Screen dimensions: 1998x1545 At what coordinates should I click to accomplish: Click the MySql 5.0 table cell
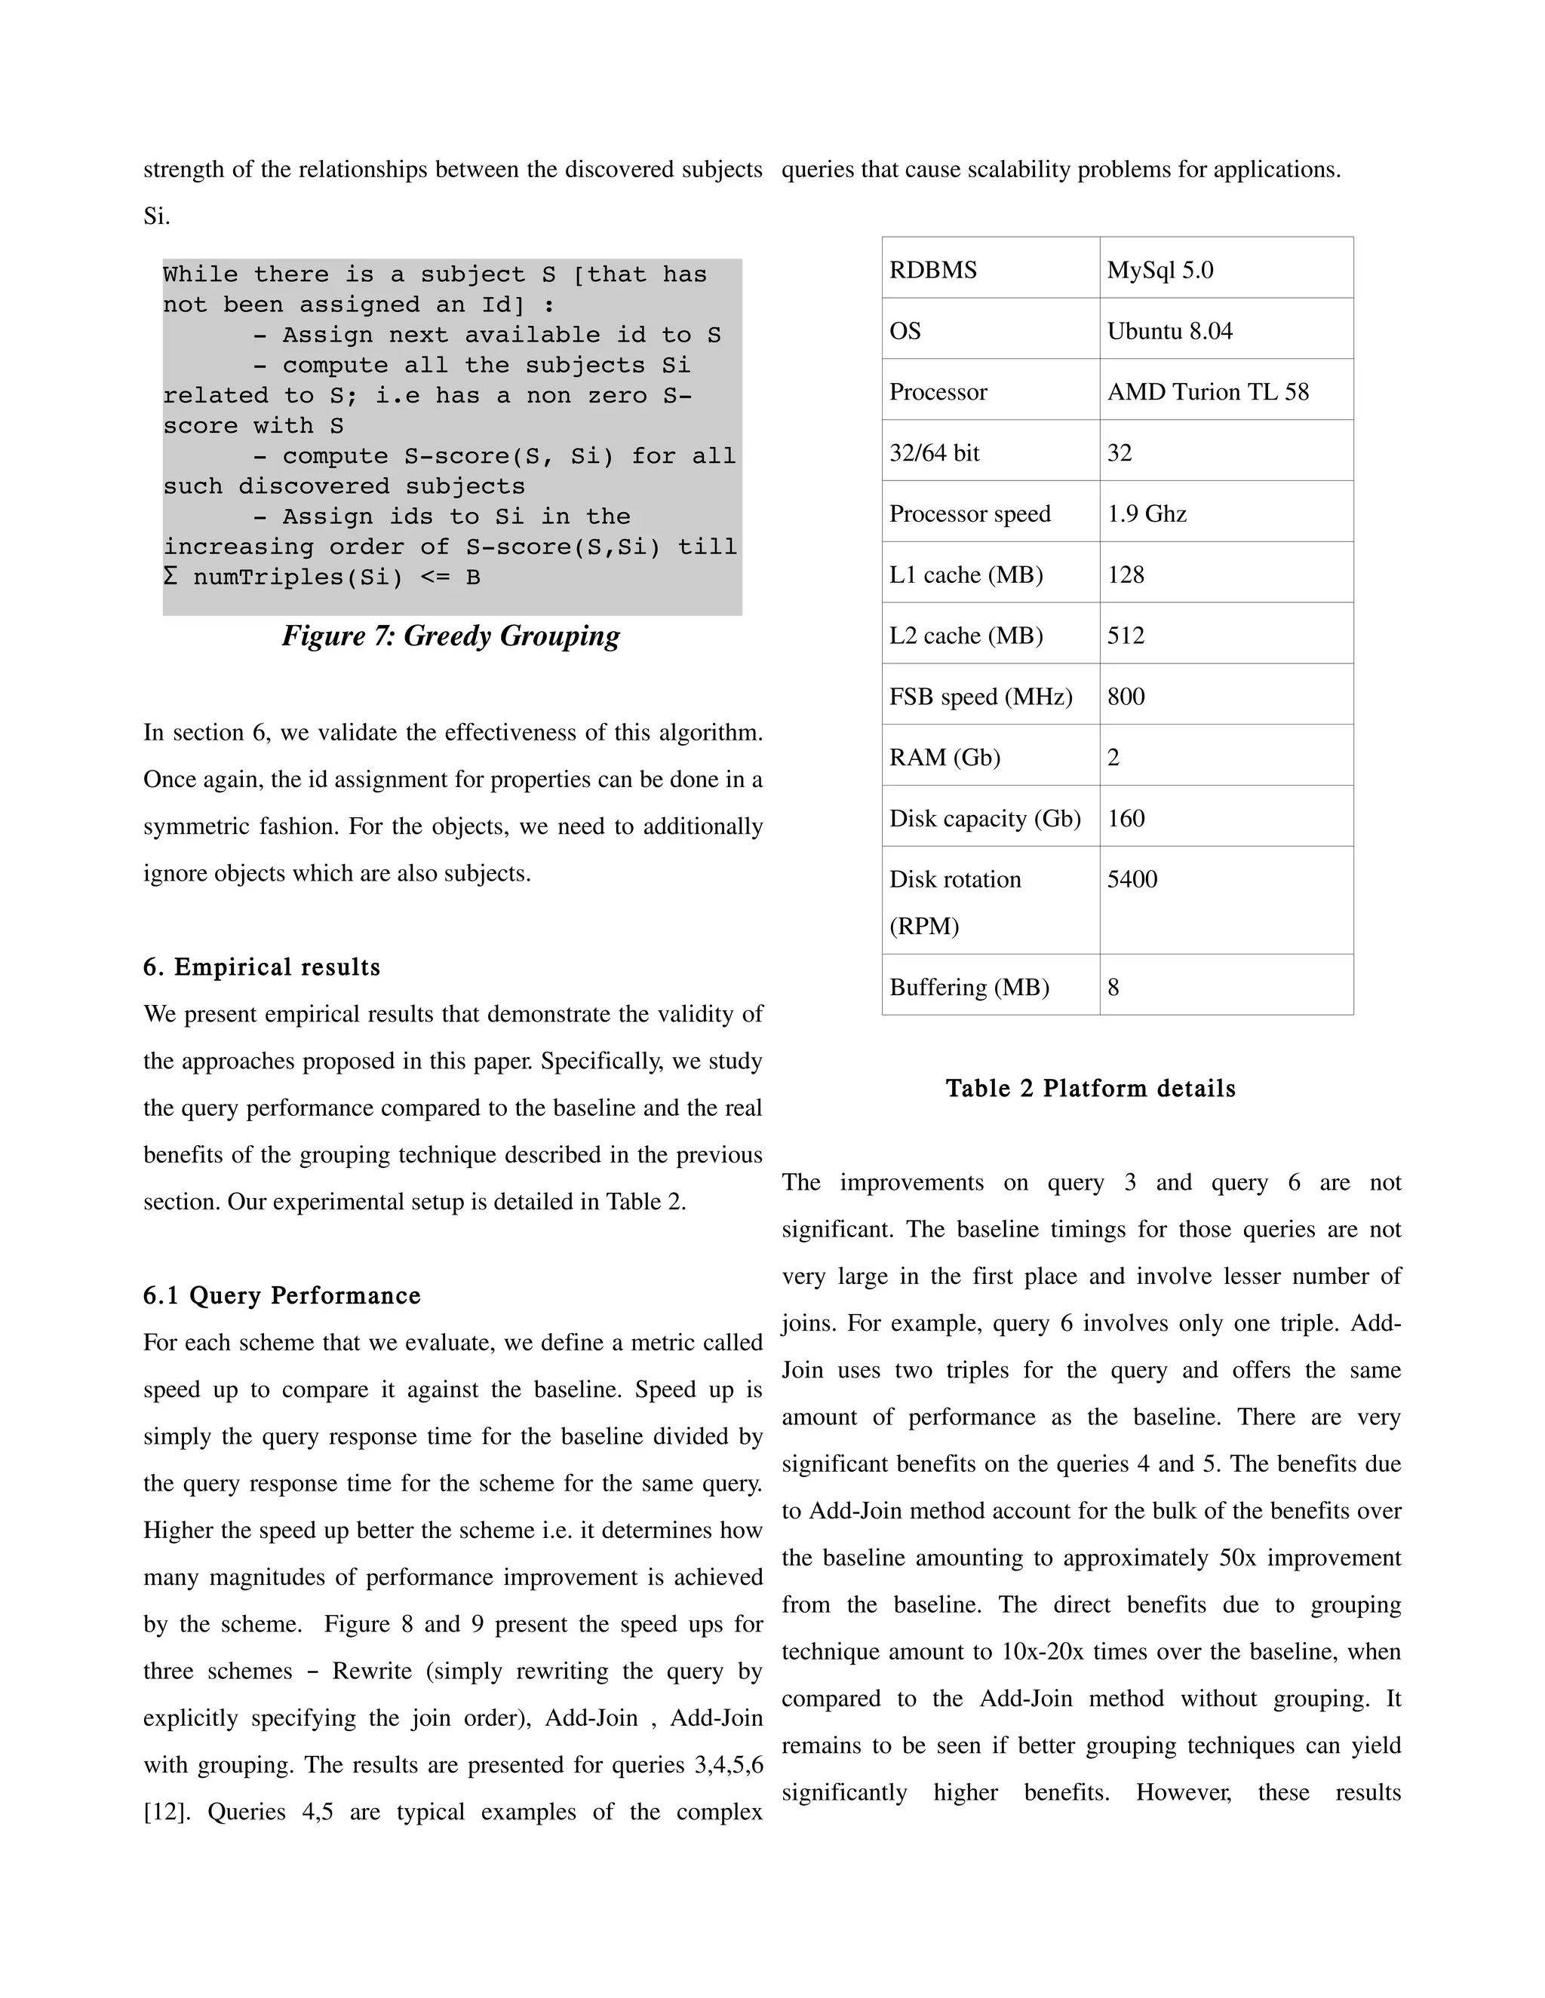pyautogui.click(x=1160, y=270)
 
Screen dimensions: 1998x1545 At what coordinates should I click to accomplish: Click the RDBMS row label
pyautogui.click(x=932, y=270)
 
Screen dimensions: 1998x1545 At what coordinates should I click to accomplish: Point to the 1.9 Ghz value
pyautogui.click(x=1146, y=514)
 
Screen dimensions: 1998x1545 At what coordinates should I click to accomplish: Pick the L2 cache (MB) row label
pyautogui.click(x=966, y=636)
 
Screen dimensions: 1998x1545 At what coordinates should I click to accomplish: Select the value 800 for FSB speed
pyautogui.click(x=1126, y=697)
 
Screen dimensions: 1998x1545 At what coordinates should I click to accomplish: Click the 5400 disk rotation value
pyautogui.click(x=1132, y=880)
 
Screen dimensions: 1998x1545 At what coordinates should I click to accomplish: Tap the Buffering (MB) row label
pyautogui.click(x=969, y=988)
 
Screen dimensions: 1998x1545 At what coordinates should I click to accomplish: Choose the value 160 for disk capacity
pyautogui.click(x=1126, y=819)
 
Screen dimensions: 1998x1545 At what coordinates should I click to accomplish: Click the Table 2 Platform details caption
pyautogui.click(x=1090, y=1089)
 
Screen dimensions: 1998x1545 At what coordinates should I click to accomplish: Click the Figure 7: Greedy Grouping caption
pyautogui.click(x=450, y=636)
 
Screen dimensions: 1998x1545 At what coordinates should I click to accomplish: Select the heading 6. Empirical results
pyautogui.click(x=262, y=967)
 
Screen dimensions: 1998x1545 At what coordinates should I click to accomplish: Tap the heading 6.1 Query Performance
pyautogui.click(x=282, y=1295)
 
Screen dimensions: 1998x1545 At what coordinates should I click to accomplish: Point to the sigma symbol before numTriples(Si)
pyautogui.click(x=170, y=578)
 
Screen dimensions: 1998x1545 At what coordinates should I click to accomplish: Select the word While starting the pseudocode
pyautogui.click(x=199, y=274)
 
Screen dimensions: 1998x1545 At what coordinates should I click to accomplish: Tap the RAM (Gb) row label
pyautogui.click(x=945, y=758)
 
